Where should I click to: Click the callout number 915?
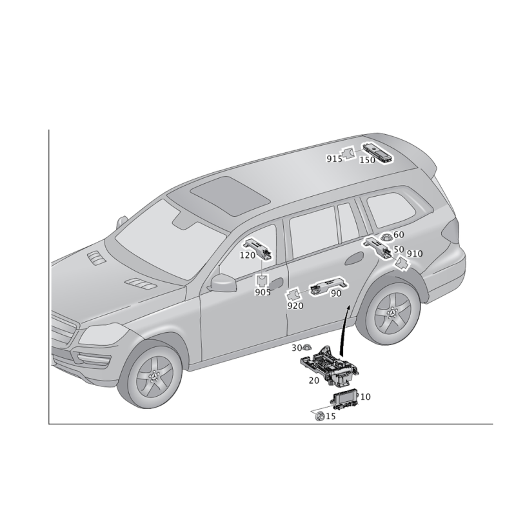pos(334,159)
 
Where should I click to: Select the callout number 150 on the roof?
pos(367,160)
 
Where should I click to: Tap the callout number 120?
pos(248,255)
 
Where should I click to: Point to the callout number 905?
pos(263,292)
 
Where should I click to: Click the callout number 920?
pos(295,306)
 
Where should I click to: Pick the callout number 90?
pos(335,293)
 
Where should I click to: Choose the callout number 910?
pos(415,253)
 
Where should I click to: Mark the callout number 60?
pos(399,235)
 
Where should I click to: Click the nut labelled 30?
pos(308,348)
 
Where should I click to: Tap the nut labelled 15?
pos(319,417)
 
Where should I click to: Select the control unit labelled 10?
pos(344,400)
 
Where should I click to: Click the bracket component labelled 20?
pos(330,365)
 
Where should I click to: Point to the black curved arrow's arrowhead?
pos(348,308)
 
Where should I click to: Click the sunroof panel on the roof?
pos(230,197)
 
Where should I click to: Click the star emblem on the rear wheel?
pos(392,312)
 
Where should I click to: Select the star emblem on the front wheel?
pos(154,376)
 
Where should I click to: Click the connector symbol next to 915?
pos(348,153)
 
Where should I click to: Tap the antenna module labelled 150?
pos(378,153)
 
